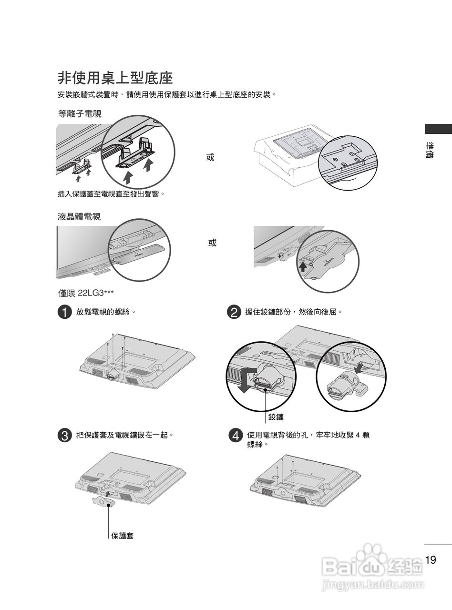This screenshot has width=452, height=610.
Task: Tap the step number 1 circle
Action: click(64, 313)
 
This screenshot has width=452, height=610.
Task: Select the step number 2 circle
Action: click(234, 313)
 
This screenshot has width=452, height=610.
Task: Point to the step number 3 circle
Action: click(64, 436)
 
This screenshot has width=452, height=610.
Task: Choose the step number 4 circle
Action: click(234, 436)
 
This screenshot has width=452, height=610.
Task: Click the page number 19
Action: click(431, 559)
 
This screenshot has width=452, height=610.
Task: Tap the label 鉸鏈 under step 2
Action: click(276, 417)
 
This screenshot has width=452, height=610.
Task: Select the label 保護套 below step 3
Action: click(123, 536)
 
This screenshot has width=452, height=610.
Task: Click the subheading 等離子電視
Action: click(79, 113)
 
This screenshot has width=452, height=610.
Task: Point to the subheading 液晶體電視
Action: click(79, 217)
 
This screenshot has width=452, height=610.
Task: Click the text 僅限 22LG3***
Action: click(86, 293)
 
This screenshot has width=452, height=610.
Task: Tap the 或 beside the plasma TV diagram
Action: click(210, 157)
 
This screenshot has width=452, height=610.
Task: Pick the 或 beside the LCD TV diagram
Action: click(212, 243)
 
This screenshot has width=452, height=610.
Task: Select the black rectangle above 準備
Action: click(438, 129)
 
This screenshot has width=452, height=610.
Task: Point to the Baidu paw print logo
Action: click(372, 555)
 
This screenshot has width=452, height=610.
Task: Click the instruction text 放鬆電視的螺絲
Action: click(106, 312)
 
